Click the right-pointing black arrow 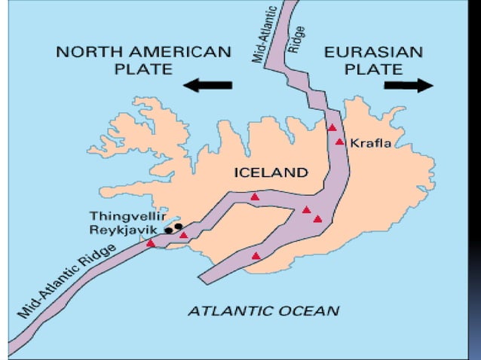click(x=408, y=84)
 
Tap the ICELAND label click(x=271, y=172)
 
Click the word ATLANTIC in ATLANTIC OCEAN click(x=226, y=310)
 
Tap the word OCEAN click(x=306, y=310)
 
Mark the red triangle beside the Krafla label click(x=340, y=142)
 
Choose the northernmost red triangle click(x=332, y=127)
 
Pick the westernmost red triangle click(x=151, y=243)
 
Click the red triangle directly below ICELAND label click(x=255, y=197)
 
